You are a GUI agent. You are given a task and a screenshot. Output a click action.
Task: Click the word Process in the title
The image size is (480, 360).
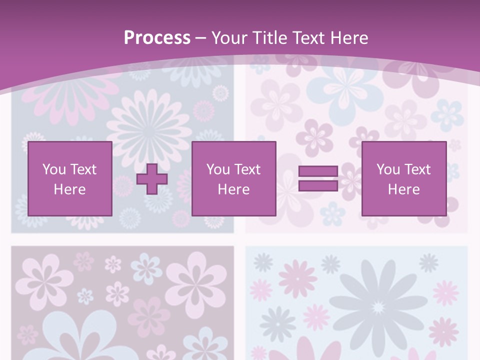click(x=157, y=38)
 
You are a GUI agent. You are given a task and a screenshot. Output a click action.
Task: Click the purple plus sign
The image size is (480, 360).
click(x=152, y=179)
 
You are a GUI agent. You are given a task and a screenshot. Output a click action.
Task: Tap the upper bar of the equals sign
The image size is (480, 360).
click(x=318, y=171)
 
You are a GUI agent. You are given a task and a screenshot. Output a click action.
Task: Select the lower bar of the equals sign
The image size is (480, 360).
click(x=318, y=186)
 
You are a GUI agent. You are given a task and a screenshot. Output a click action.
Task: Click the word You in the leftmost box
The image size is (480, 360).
click(x=53, y=169)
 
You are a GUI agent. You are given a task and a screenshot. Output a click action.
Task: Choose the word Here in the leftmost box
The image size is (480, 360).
click(x=69, y=189)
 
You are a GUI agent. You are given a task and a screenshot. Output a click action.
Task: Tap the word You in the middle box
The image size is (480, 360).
click(x=218, y=169)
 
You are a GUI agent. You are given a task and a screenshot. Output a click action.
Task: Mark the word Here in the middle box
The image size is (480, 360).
click(x=233, y=189)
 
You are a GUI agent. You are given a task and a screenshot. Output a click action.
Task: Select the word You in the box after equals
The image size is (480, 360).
click(x=388, y=169)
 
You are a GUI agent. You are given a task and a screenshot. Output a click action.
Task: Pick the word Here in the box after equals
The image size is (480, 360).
click(x=403, y=189)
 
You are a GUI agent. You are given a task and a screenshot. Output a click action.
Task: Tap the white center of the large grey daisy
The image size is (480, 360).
click(x=378, y=305)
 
